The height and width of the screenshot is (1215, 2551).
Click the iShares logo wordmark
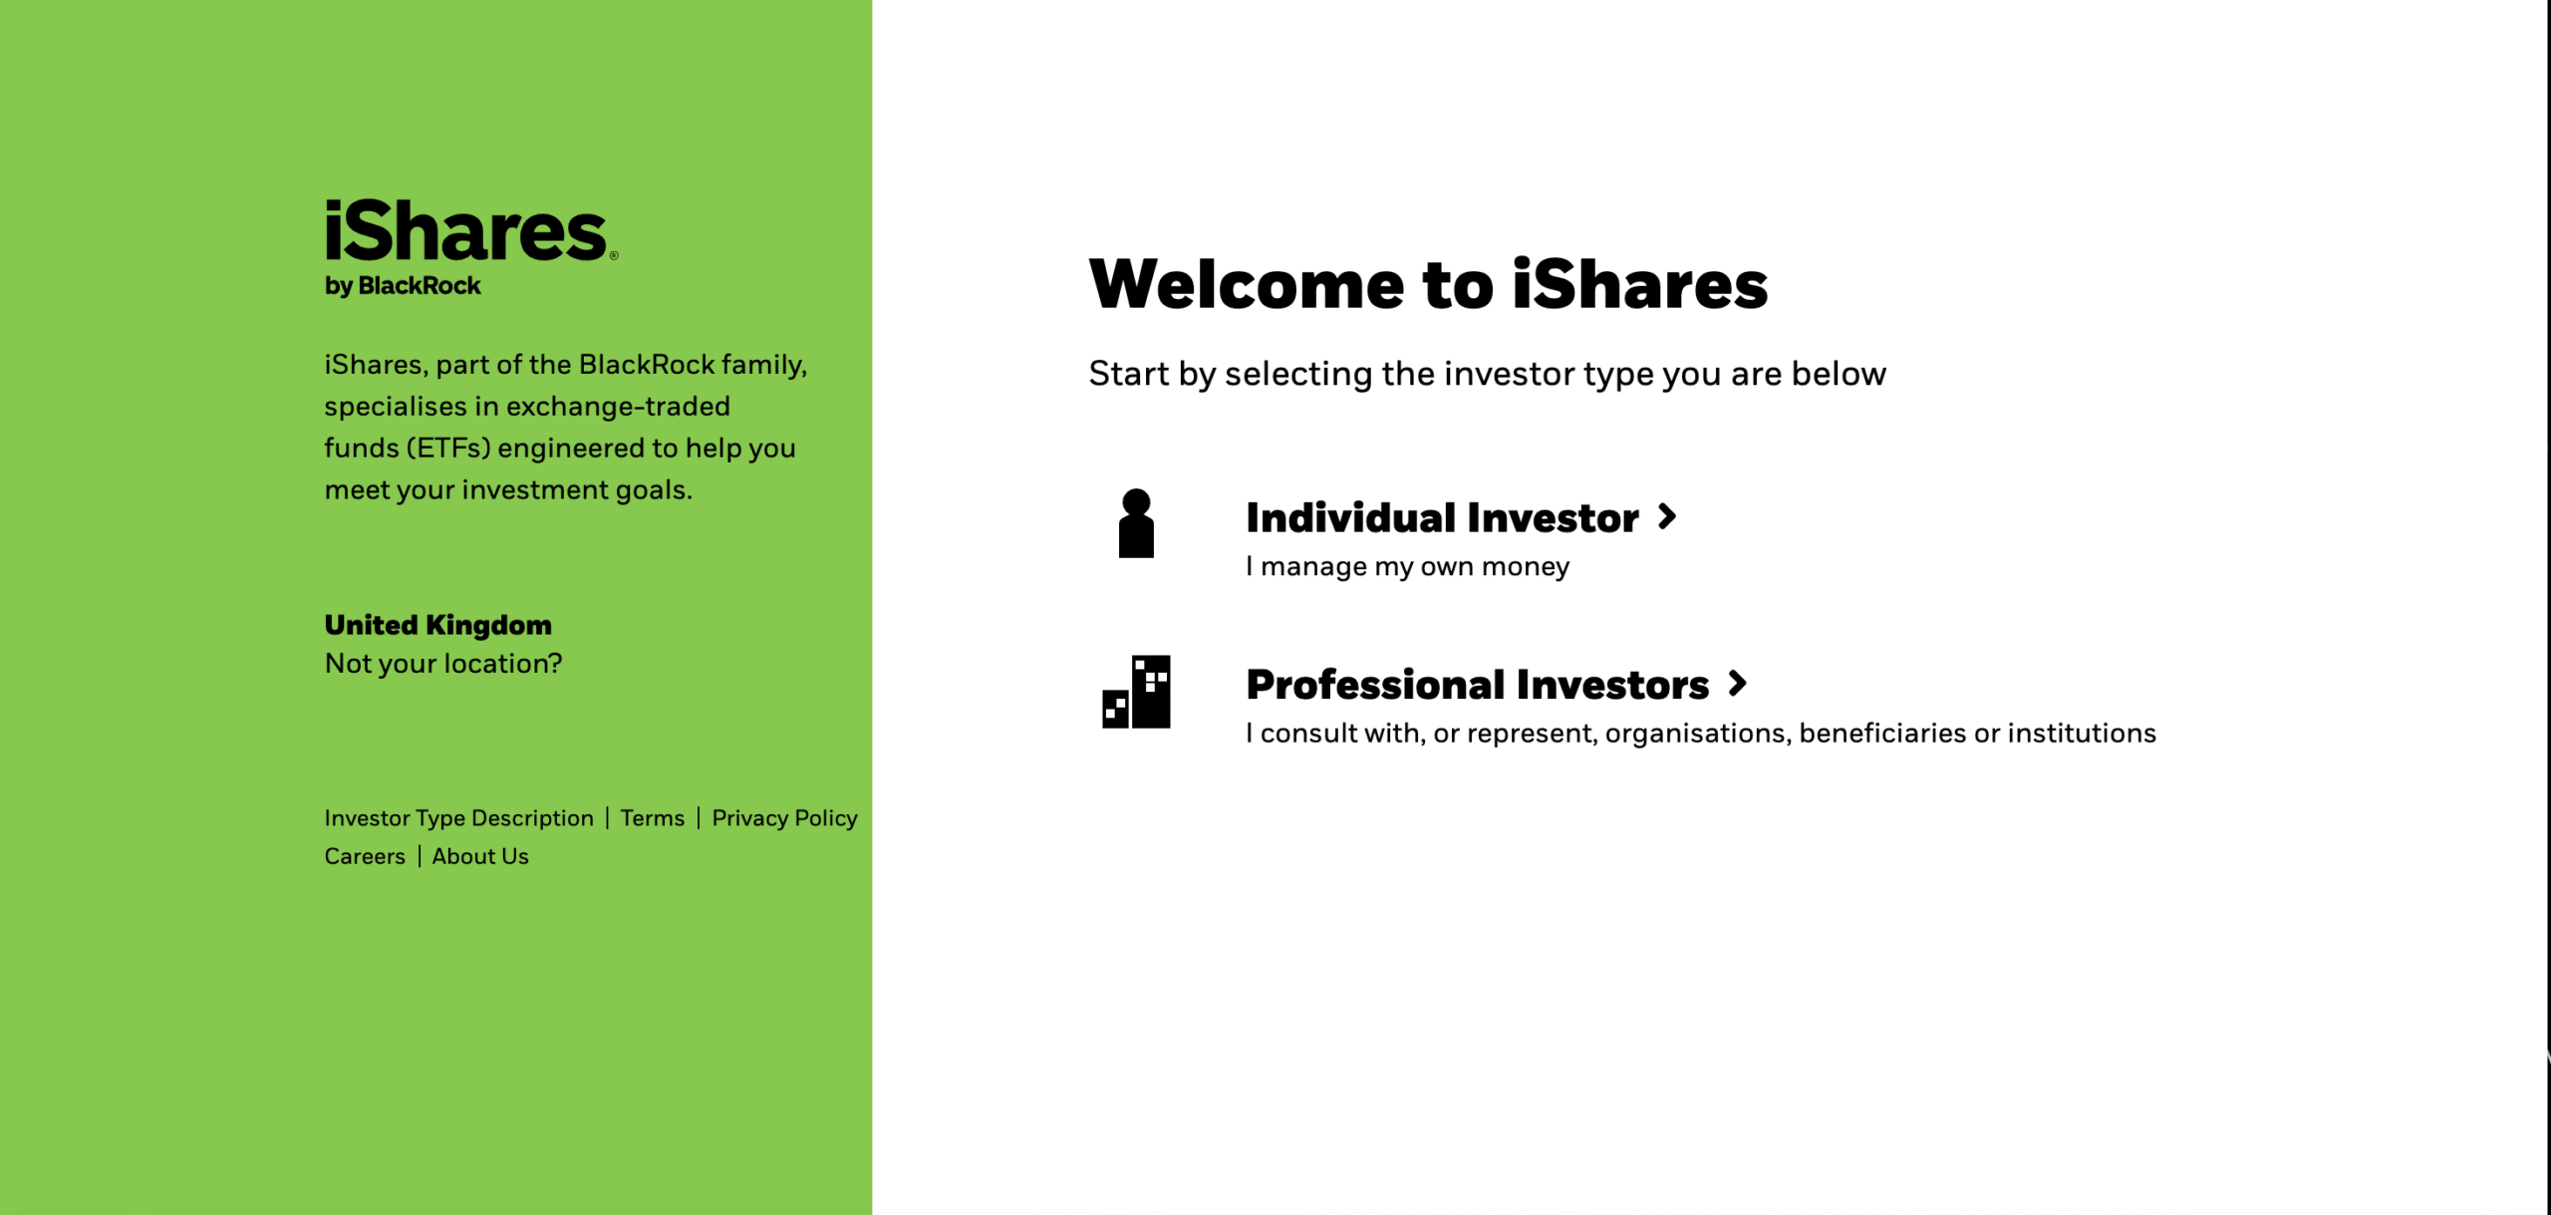tap(466, 231)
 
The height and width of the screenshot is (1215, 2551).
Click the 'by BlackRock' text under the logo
tap(403, 286)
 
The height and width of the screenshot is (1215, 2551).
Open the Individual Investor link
tap(1441, 518)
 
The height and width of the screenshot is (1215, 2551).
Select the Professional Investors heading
tap(1477, 685)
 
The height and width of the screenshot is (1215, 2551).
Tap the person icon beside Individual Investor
tap(1136, 523)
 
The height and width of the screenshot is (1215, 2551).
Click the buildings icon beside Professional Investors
tap(1136, 692)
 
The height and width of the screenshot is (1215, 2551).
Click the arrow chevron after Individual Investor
tap(1667, 516)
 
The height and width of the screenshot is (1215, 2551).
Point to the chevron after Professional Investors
tap(1738, 684)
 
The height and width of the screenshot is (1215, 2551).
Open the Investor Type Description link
tap(458, 818)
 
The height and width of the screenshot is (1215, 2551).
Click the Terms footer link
tap(652, 818)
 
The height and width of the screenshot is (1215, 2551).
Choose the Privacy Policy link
tap(784, 818)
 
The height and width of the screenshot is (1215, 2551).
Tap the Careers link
tap(365, 856)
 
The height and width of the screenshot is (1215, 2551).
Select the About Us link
tap(480, 856)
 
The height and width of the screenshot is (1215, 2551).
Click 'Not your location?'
tap(443, 664)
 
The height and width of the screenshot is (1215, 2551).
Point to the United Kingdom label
tap(437, 625)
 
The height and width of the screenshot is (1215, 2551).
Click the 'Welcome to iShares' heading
tap(1428, 285)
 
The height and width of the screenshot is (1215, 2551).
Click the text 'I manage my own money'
tap(1407, 567)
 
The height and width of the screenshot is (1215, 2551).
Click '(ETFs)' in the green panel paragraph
tap(448, 449)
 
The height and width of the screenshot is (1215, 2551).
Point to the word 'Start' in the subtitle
tap(1128, 374)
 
